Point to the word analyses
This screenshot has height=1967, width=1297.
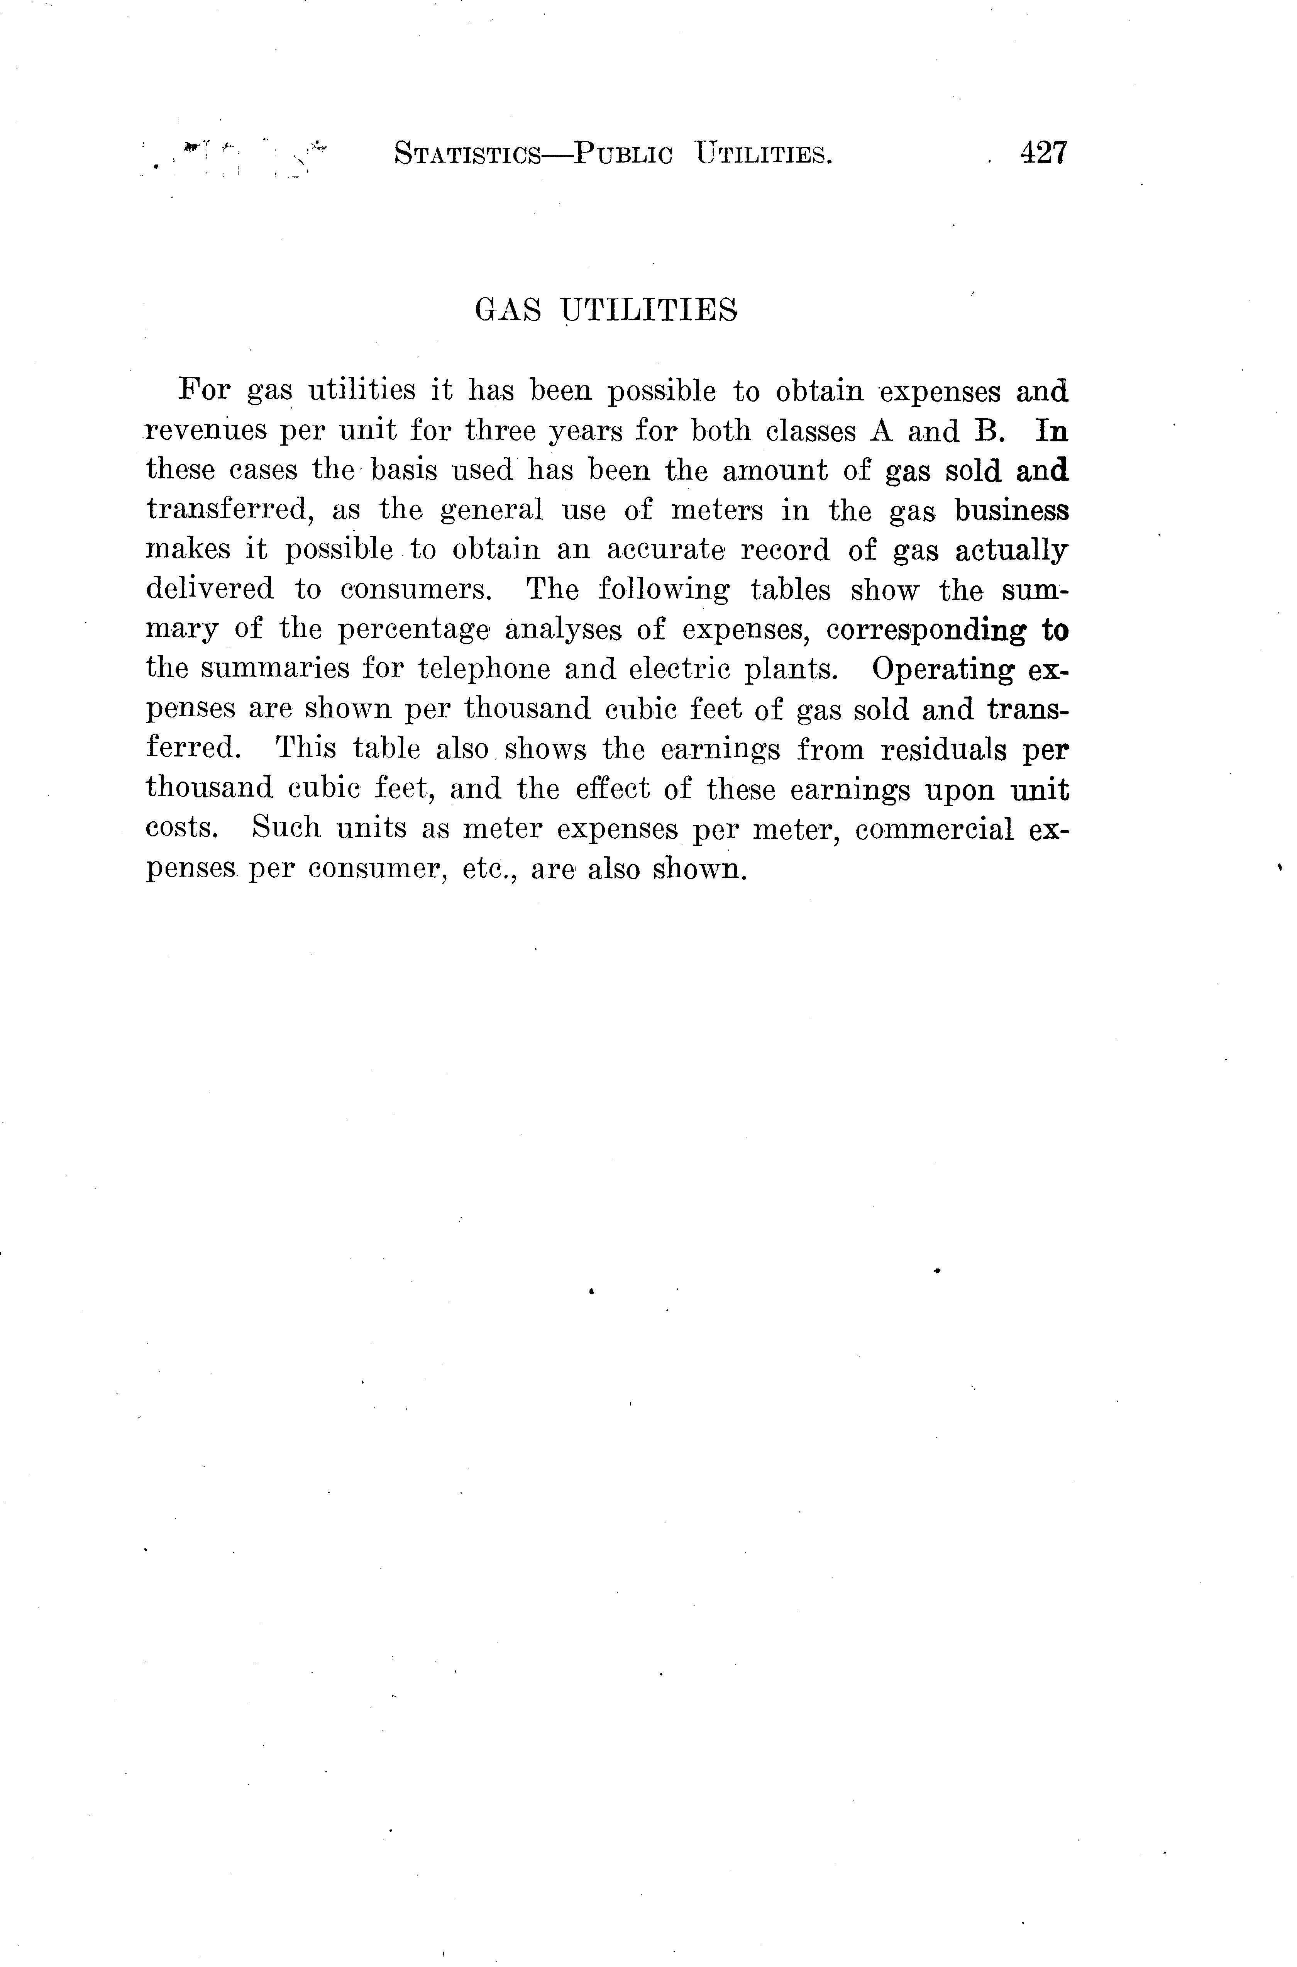click(563, 631)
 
